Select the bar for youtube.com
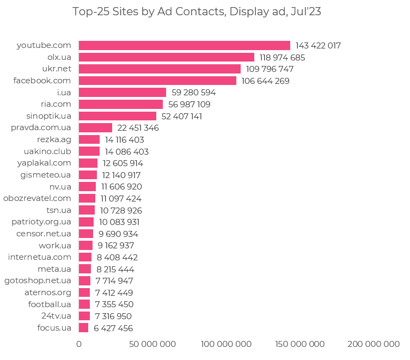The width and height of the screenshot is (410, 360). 184,45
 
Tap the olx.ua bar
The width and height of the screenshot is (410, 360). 166,57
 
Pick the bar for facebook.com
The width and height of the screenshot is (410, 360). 157,81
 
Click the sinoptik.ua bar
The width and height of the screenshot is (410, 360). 117,116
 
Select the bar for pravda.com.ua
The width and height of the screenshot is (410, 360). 95,127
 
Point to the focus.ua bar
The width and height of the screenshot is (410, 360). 83,328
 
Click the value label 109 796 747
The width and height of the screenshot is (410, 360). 270,69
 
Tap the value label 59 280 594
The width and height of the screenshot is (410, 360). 193,93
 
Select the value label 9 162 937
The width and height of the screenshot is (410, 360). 115,246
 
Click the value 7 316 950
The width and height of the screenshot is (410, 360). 113,316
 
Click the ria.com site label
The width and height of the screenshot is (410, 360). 56,104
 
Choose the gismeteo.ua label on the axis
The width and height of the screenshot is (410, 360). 46,175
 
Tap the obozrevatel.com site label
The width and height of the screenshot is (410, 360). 37,198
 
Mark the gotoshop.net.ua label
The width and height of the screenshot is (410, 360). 38,280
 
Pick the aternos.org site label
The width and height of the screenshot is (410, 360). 48,292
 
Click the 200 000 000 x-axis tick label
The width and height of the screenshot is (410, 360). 374,344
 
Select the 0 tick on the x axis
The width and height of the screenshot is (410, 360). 79,344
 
